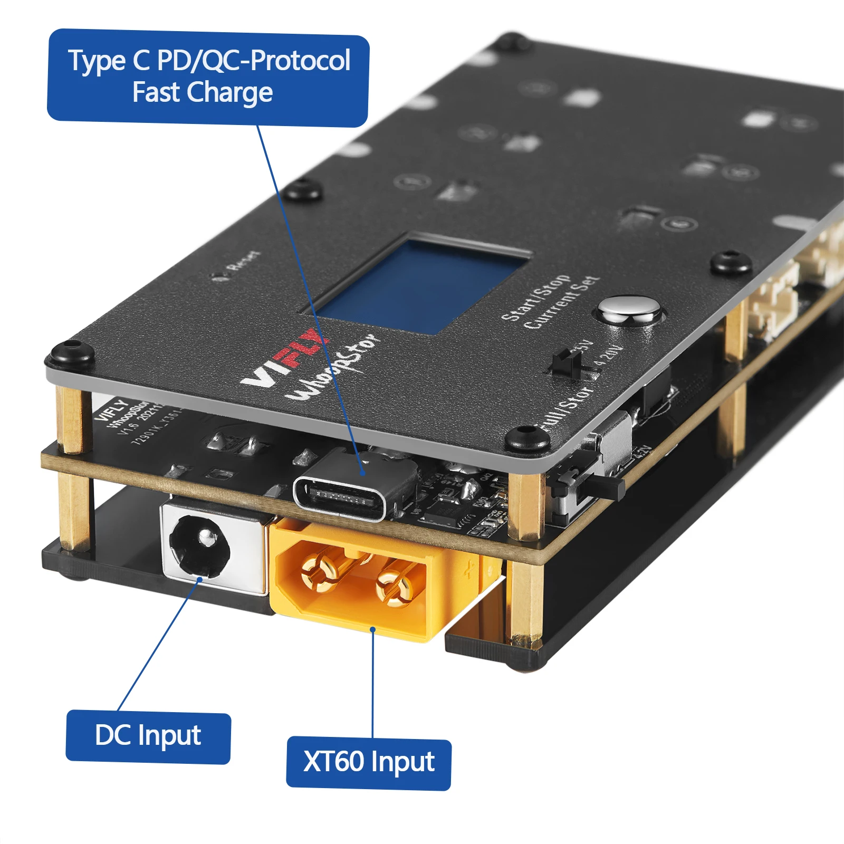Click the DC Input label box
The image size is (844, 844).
coord(148,736)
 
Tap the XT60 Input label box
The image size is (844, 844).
coord(368,763)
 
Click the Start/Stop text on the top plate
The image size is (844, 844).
coord(535,298)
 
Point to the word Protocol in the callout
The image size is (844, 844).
coord(300,60)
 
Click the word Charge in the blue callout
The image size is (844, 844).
coord(230,93)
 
